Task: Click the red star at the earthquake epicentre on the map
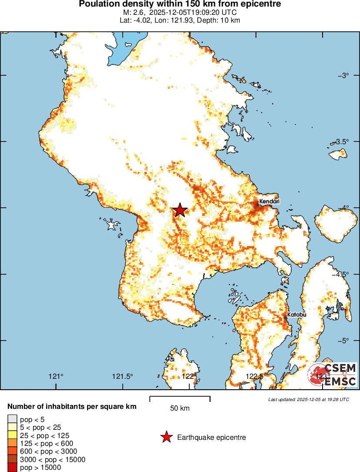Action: pyautogui.click(x=180, y=210)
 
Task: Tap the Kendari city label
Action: pyautogui.click(x=269, y=202)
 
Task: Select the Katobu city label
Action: pyautogui.click(x=296, y=314)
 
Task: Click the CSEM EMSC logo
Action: pyautogui.click(x=332, y=375)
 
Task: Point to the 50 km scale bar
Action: pyautogui.click(x=180, y=398)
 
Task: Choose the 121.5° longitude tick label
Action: pyautogui.click(x=122, y=376)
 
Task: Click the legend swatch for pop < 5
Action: pyautogui.click(x=12, y=419)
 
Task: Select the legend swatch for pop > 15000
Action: pyautogui.click(x=12, y=468)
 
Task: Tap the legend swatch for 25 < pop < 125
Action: pyautogui.click(x=12, y=435)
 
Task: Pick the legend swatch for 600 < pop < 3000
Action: pyautogui.click(x=12, y=452)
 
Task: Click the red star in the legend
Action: pyautogui.click(x=166, y=437)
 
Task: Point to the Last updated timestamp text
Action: pyautogui.click(x=308, y=399)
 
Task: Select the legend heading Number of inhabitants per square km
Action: pyautogui.click(x=72, y=407)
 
